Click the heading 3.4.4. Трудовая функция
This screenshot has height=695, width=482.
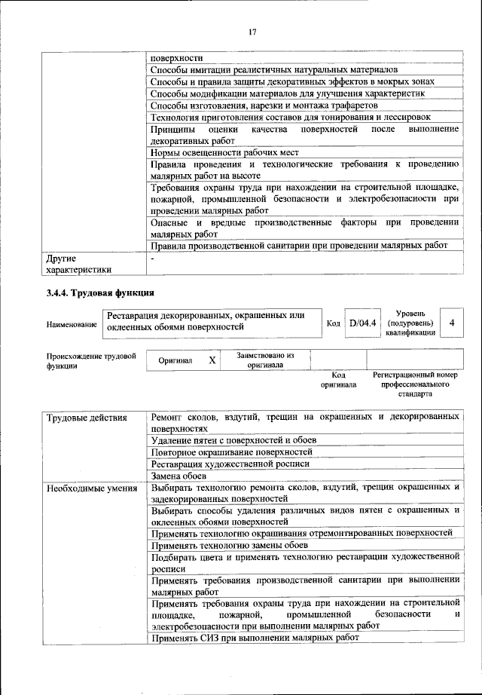click(100, 292)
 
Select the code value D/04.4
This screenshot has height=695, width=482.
click(362, 323)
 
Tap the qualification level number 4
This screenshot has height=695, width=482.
click(451, 323)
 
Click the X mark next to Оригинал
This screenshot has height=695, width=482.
click(212, 360)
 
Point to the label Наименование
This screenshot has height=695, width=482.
click(72, 324)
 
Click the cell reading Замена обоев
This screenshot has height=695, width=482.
click(178, 476)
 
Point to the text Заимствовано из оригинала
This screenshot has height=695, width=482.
click(264, 360)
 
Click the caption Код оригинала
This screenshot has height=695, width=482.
click(338, 379)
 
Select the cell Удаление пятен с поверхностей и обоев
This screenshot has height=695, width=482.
click(233, 439)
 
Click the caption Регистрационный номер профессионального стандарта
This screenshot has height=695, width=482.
click(415, 384)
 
